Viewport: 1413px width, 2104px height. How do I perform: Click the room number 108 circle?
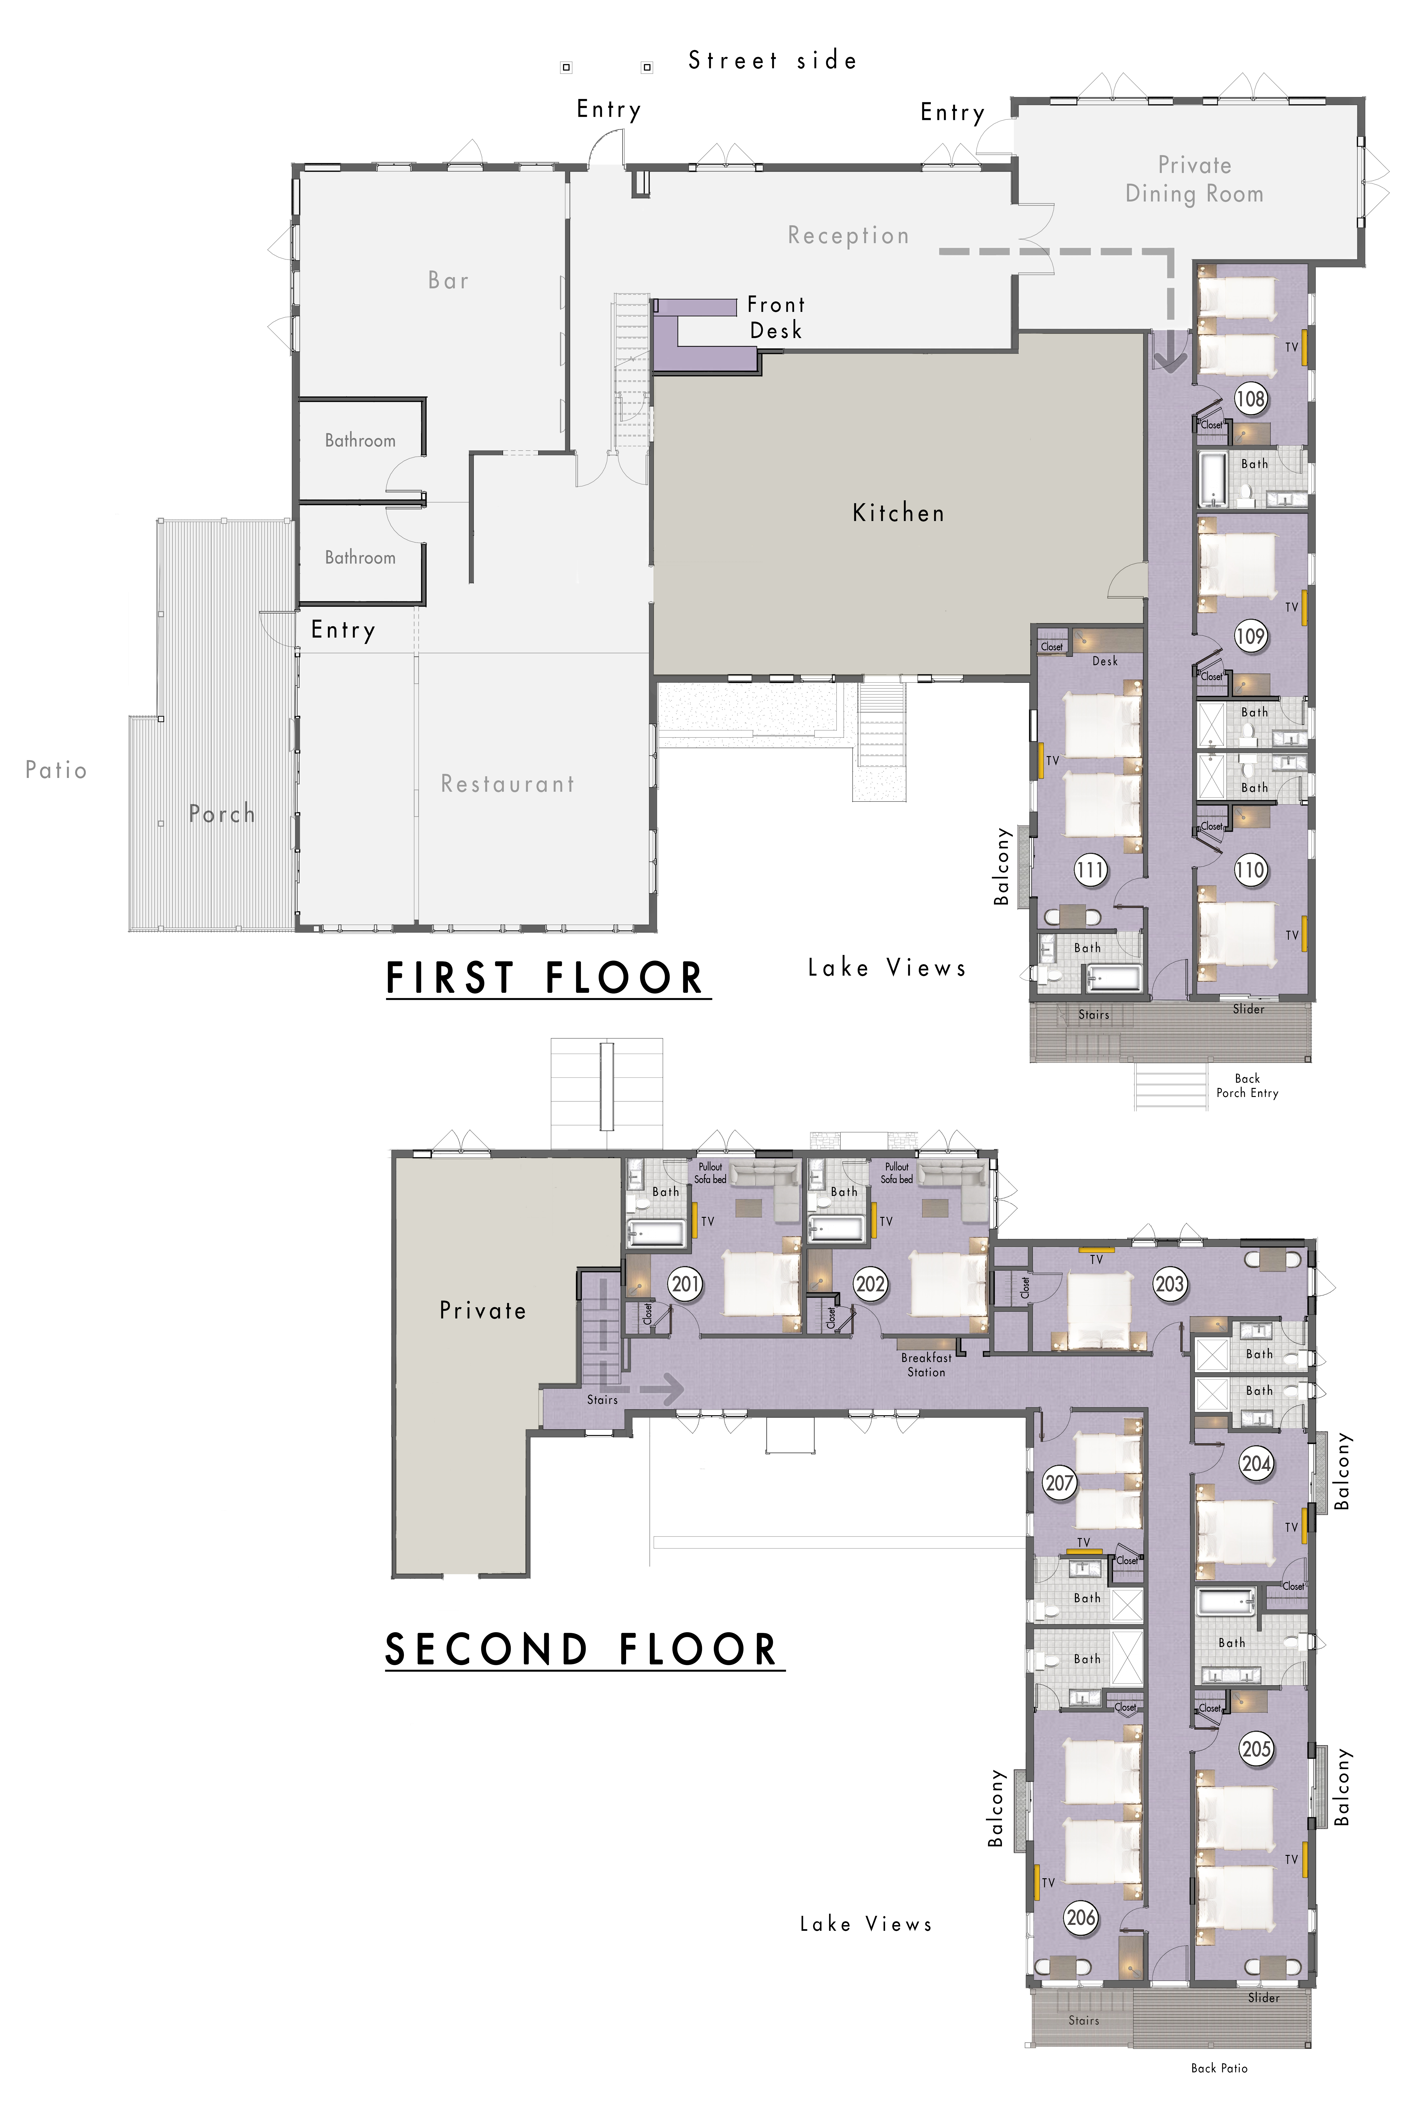[x=1250, y=398]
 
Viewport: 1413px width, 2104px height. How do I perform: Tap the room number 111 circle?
[x=1090, y=870]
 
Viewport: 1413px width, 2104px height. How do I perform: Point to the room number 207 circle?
[x=1060, y=1482]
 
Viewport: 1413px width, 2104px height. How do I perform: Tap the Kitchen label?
[x=898, y=513]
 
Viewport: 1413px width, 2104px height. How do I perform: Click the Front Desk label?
[x=776, y=317]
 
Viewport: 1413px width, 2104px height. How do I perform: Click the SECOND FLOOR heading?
[x=581, y=1650]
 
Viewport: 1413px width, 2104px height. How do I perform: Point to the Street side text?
[x=772, y=60]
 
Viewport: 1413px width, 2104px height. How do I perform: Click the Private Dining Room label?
[x=1194, y=179]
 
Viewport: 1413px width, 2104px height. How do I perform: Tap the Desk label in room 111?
[x=1105, y=660]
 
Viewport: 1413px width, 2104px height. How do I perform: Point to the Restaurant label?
[x=507, y=784]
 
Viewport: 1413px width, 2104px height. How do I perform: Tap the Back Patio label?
[x=1219, y=2068]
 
